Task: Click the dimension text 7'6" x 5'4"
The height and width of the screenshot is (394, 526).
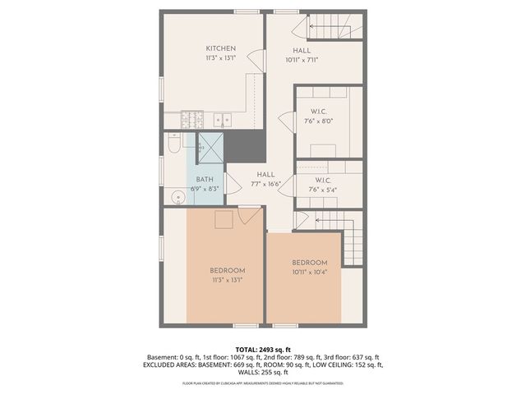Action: click(321, 188)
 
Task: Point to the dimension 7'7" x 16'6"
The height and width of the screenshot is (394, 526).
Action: click(265, 185)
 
